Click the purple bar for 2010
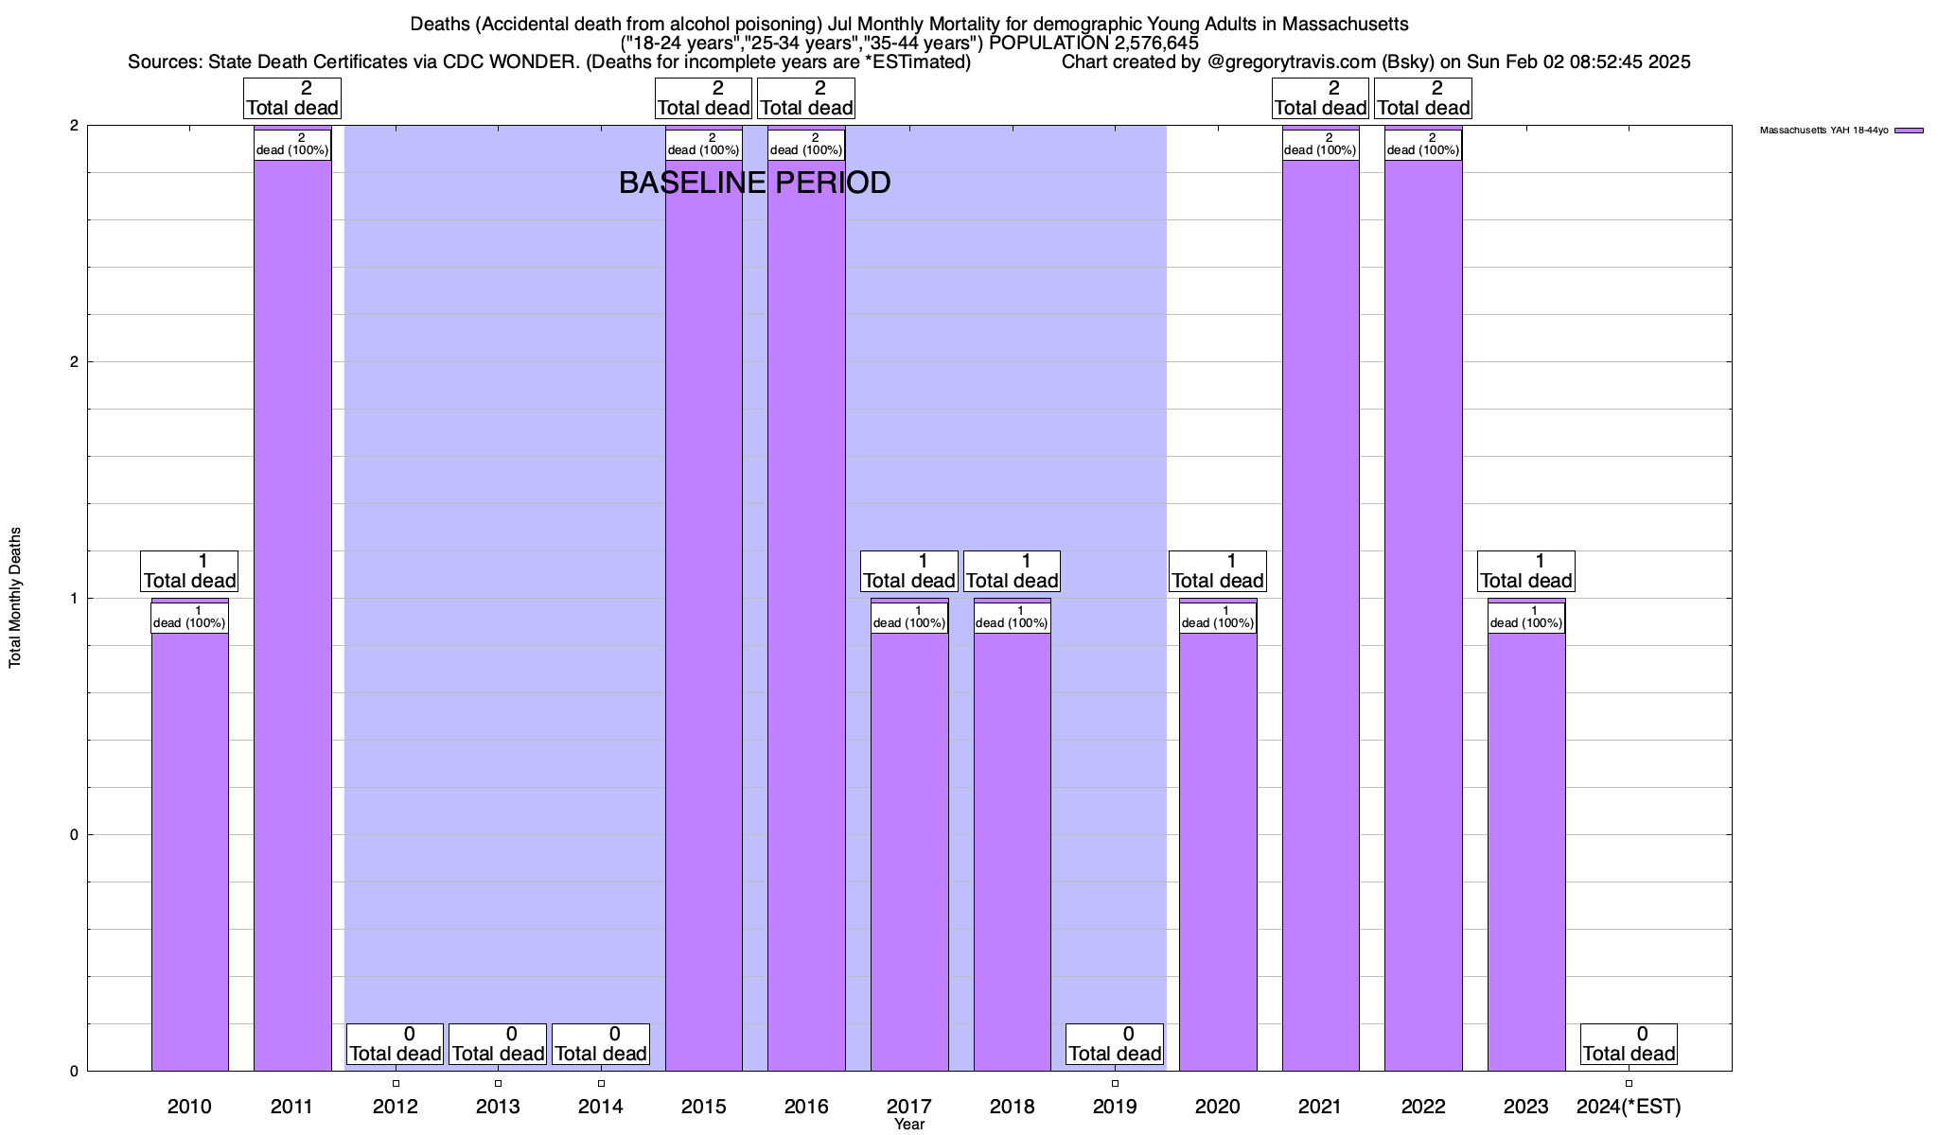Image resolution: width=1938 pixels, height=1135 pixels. pyautogui.click(x=189, y=851)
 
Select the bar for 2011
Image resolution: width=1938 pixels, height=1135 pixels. pyautogui.click(x=292, y=615)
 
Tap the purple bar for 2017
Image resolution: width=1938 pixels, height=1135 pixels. pyautogui.click(x=909, y=851)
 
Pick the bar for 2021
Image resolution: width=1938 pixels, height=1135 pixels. pyautogui.click(x=1320, y=615)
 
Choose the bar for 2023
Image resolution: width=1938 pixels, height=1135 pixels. pyautogui.click(x=1525, y=851)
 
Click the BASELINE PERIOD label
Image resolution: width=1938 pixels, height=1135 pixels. pyautogui.click(x=754, y=183)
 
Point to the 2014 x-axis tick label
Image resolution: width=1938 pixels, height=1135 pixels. pyautogui.click(x=601, y=1107)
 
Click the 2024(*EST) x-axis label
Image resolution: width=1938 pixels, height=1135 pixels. pyautogui.click(x=1629, y=1107)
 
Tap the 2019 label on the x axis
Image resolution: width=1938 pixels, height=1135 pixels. pyautogui.click(x=1115, y=1107)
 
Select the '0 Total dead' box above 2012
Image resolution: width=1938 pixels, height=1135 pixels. pyautogui.click(x=396, y=1043)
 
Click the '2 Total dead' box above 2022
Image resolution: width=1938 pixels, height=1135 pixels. pyautogui.click(x=1423, y=98)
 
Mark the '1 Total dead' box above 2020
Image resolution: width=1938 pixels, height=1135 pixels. pyautogui.click(x=1218, y=571)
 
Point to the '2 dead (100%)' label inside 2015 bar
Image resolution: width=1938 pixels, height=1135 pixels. pyautogui.click(x=704, y=145)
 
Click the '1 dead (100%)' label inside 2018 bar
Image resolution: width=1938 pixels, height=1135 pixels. pyautogui.click(x=1012, y=618)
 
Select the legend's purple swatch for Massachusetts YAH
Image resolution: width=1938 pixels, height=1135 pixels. pyautogui.click(x=1909, y=131)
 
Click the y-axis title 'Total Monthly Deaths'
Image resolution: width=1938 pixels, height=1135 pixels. pyautogui.click(x=15, y=598)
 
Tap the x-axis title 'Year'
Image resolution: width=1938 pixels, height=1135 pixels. pyautogui.click(x=909, y=1125)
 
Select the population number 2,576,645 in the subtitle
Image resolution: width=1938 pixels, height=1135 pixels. pyautogui.click(x=1142, y=43)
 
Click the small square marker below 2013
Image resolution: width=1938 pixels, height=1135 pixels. pyautogui.click(x=499, y=1083)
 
